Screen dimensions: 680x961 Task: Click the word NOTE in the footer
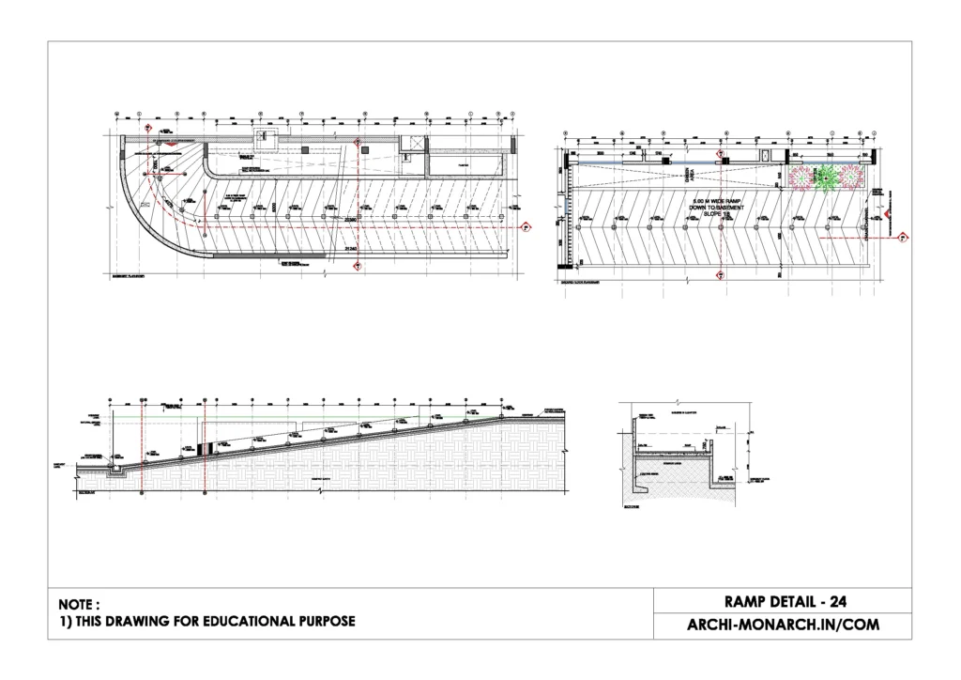[78, 605]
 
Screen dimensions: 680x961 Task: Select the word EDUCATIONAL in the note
[221, 622]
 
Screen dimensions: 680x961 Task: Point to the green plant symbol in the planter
[827, 175]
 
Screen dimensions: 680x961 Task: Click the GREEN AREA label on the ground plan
[686, 175]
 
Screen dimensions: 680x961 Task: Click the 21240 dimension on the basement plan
[352, 247]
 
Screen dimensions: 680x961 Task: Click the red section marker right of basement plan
[526, 226]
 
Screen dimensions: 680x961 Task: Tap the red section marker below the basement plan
[358, 269]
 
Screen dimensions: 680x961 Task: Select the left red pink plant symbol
[801, 176]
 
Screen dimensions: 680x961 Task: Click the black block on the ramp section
[210, 443]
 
